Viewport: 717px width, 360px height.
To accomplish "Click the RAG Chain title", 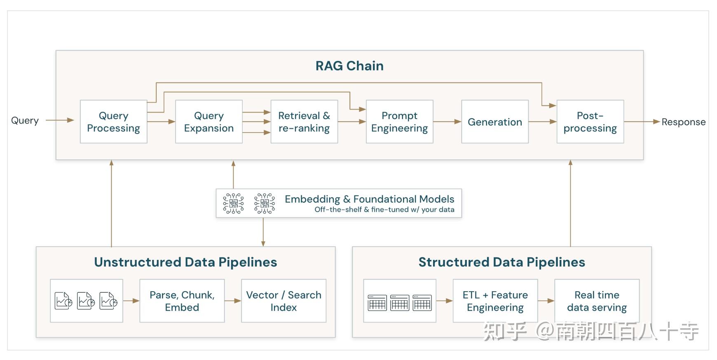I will [x=349, y=66].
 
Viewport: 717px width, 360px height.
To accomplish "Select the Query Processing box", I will [x=114, y=122].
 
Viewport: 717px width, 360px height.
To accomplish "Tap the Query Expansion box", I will [x=209, y=122].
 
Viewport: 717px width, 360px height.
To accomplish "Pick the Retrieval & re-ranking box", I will [x=304, y=122].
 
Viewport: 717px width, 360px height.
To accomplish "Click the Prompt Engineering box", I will [x=399, y=122].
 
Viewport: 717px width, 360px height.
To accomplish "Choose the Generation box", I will [x=495, y=122].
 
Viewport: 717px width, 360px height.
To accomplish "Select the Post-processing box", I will [x=590, y=122].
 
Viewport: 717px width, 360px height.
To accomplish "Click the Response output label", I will [x=683, y=122].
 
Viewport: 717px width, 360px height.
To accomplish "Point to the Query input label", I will [x=25, y=121].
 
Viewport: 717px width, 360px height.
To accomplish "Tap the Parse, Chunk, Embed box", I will [x=182, y=301].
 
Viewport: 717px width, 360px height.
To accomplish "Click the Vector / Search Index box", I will [x=284, y=301].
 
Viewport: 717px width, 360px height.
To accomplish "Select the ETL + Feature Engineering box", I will [x=495, y=301].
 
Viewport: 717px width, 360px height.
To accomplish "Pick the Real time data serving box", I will [x=597, y=301].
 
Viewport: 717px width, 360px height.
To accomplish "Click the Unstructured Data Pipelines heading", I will [x=185, y=262].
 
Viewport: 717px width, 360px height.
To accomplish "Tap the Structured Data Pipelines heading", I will [x=501, y=262].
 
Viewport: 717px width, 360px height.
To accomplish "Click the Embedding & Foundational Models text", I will [x=369, y=199].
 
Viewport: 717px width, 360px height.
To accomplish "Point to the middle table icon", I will [x=399, y=303].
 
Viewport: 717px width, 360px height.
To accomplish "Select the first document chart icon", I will [x=63, y=301].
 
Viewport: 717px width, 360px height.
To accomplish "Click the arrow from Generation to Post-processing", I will [x=542, y=122].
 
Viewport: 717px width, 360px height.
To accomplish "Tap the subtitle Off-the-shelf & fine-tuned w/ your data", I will [x=384, y=210].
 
